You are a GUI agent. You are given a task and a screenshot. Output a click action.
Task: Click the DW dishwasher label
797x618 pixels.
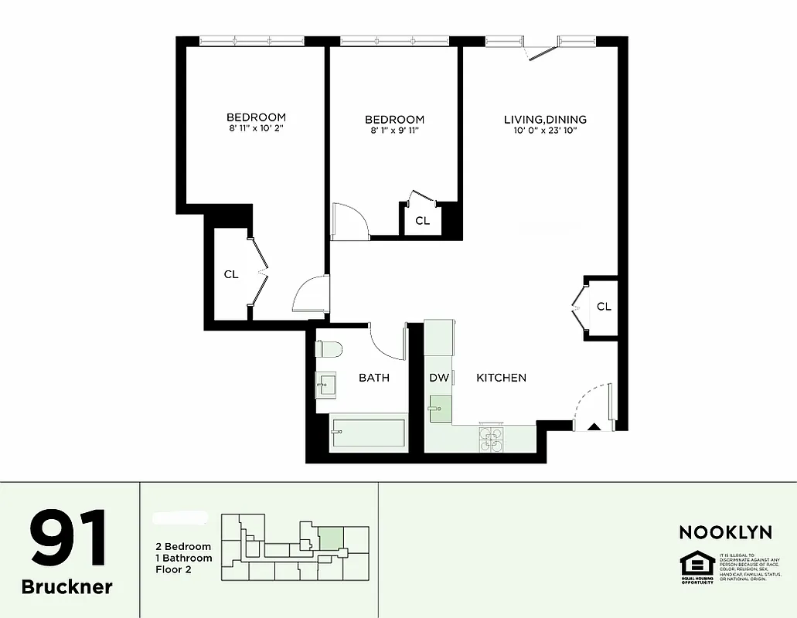(439, 378)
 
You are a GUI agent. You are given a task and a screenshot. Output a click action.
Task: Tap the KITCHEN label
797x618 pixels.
(501, 378)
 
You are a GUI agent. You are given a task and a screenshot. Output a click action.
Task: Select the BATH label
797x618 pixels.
(374, 378)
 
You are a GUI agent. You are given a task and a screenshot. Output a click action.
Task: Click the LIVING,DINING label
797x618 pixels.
(545, 120)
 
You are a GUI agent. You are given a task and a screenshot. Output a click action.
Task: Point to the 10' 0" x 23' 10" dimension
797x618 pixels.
(545, 131)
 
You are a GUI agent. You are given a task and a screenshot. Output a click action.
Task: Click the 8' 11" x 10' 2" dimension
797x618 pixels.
(256, 128)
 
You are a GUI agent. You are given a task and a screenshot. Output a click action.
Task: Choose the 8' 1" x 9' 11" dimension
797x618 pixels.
(394, 131)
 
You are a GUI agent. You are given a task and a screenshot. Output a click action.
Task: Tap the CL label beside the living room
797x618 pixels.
(604, 307)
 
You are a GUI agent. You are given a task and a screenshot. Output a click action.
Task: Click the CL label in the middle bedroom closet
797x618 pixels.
(422, 221)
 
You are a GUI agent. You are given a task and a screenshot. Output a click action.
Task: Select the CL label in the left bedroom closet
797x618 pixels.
(231, 274)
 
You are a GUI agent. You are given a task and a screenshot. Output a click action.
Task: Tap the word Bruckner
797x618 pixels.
(67, 586)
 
